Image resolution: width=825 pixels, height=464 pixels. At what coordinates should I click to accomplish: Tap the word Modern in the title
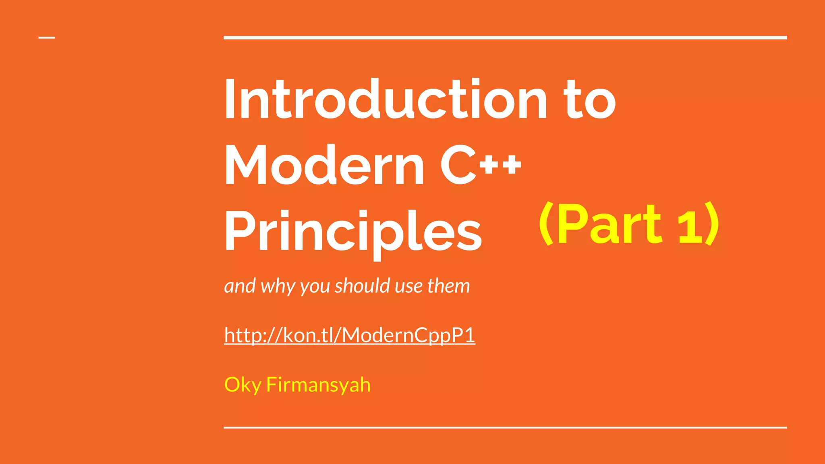[x=324, y=165]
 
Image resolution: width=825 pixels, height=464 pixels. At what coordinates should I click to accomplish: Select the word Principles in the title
[x=353, y=232]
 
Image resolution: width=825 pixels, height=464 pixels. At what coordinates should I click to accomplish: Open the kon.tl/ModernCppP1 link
[x=349, y=335]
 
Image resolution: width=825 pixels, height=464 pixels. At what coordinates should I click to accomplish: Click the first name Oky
[x=243, y=385]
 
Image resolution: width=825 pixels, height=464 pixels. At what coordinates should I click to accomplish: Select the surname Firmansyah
[x=318, y=385]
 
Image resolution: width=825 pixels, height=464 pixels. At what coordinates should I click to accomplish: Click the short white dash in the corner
[x=47, y=38]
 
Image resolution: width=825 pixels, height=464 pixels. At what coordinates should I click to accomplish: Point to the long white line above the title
[x=505, y=38]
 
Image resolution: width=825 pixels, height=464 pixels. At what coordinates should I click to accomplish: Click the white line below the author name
[x=505, y=427]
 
